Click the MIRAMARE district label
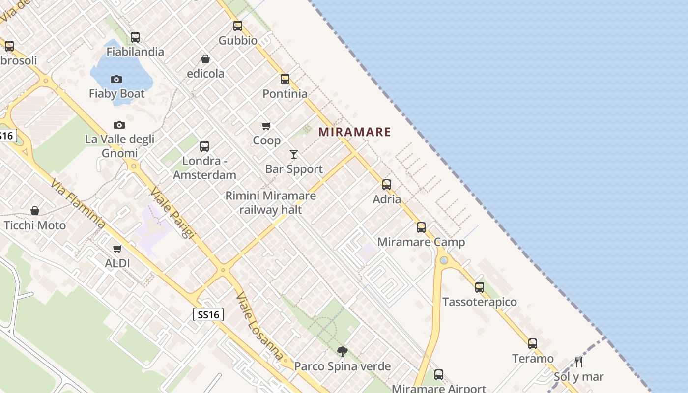click(355, 132)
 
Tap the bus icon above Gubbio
click(238, 26)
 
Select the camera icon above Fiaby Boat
click(116, 79)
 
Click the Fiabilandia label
click(135, 52)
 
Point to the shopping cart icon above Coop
click(266, 126)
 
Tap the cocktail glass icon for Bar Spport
click(294, 154)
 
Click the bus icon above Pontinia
click(285, 79)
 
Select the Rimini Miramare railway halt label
click(270, 202)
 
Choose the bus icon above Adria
click(387, 185)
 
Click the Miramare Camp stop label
click(421, 242)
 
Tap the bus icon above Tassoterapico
click(480, 287)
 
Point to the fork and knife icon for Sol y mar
click(579, 362)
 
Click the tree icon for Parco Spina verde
click(343, 351)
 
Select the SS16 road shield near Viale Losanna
click(208, 314)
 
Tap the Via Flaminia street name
click(77, 203)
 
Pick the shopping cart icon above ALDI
click(117, 249)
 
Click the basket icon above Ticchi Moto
click(35, 211)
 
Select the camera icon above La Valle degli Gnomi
click(119, 125)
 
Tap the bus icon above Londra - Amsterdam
click(204, 146)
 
